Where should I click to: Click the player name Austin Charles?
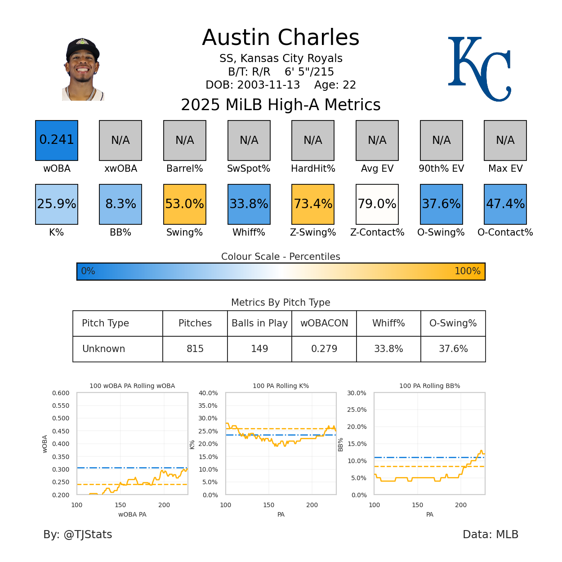tap(281, 38)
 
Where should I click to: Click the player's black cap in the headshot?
tap(82, 47)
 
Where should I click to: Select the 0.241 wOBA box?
tap(57, 140)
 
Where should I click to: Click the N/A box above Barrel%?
tap(185, 140)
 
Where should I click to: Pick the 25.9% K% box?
tap(57, 204)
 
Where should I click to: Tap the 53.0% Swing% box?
tap(185, 204)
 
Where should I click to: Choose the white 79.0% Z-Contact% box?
tap(377, 204)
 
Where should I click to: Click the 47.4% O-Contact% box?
tap(505, 204)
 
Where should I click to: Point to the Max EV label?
tap(505, 169)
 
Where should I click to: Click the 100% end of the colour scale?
tap(468, 271)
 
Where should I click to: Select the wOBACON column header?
tap(324, 323)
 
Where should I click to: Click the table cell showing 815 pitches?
tap(195, 349)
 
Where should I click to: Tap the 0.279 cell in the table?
tap(324, 349)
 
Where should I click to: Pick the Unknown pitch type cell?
tap(104, 349)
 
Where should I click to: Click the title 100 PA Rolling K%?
tap(281, 386)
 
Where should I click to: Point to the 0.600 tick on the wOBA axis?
tap(61, 393)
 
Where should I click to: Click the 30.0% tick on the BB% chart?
tap(357, 393)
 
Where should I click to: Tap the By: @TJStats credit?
tap(78, 534)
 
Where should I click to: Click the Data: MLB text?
tap(490, 534)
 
